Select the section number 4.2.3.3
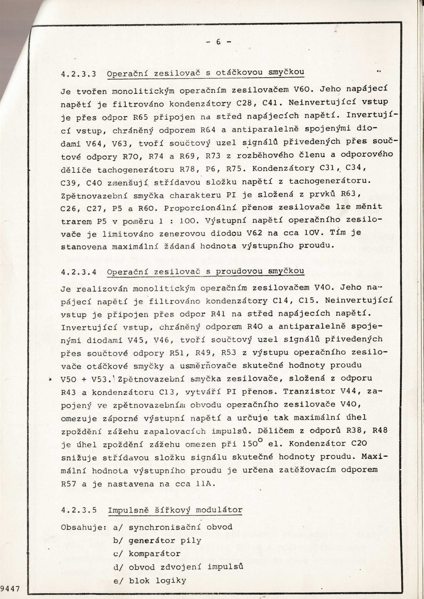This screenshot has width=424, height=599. pyautogui.click(x=79, y=74)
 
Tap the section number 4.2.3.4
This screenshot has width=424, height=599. pyautogui.click(x=79, y=272)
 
